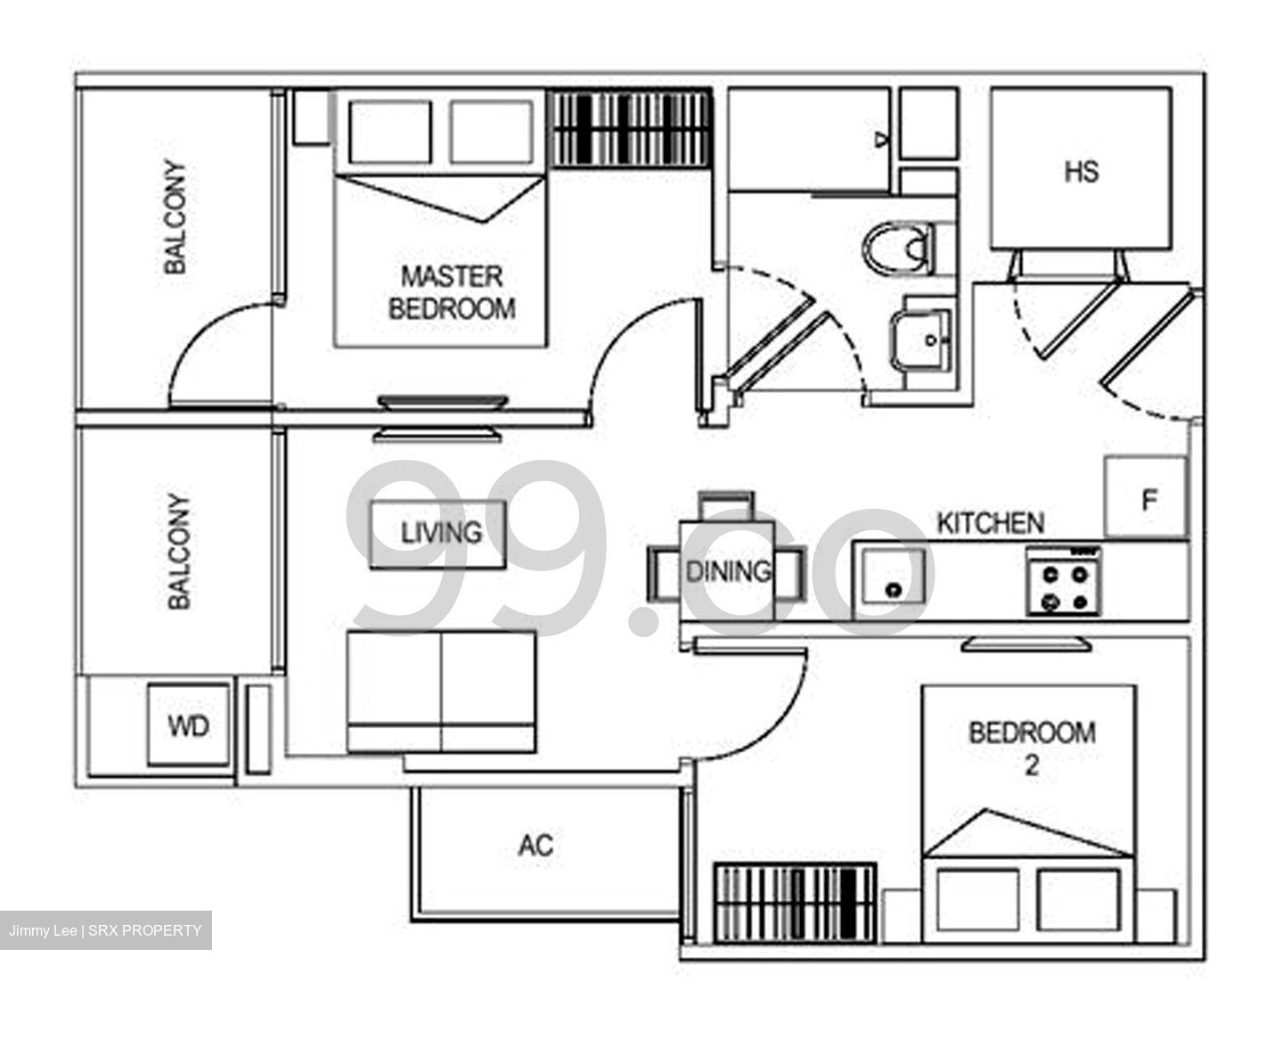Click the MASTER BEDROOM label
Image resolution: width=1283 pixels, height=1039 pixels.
[x=452, y=292]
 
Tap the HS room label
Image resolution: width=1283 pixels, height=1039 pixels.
[x=1081, y=171]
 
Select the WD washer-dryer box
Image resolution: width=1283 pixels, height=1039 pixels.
[x=189, y=724]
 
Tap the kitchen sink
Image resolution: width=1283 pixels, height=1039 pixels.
[x=889, y=584]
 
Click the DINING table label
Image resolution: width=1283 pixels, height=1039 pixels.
[x=727, y=571]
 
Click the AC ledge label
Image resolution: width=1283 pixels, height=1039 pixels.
[x=535, y=844]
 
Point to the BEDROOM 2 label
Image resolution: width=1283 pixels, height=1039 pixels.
[x=1031, y=748]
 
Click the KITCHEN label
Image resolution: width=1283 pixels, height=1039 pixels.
[x=990, y=523]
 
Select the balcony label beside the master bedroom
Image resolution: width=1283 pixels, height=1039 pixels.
[x=176, y=217]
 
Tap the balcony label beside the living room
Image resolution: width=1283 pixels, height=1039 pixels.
[x=179, y=552]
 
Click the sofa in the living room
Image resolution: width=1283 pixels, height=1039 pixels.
[x=442, y=691]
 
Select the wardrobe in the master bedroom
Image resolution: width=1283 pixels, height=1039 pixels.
[x=632, y=127]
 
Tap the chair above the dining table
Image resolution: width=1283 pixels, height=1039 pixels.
[x=727, y=506]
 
